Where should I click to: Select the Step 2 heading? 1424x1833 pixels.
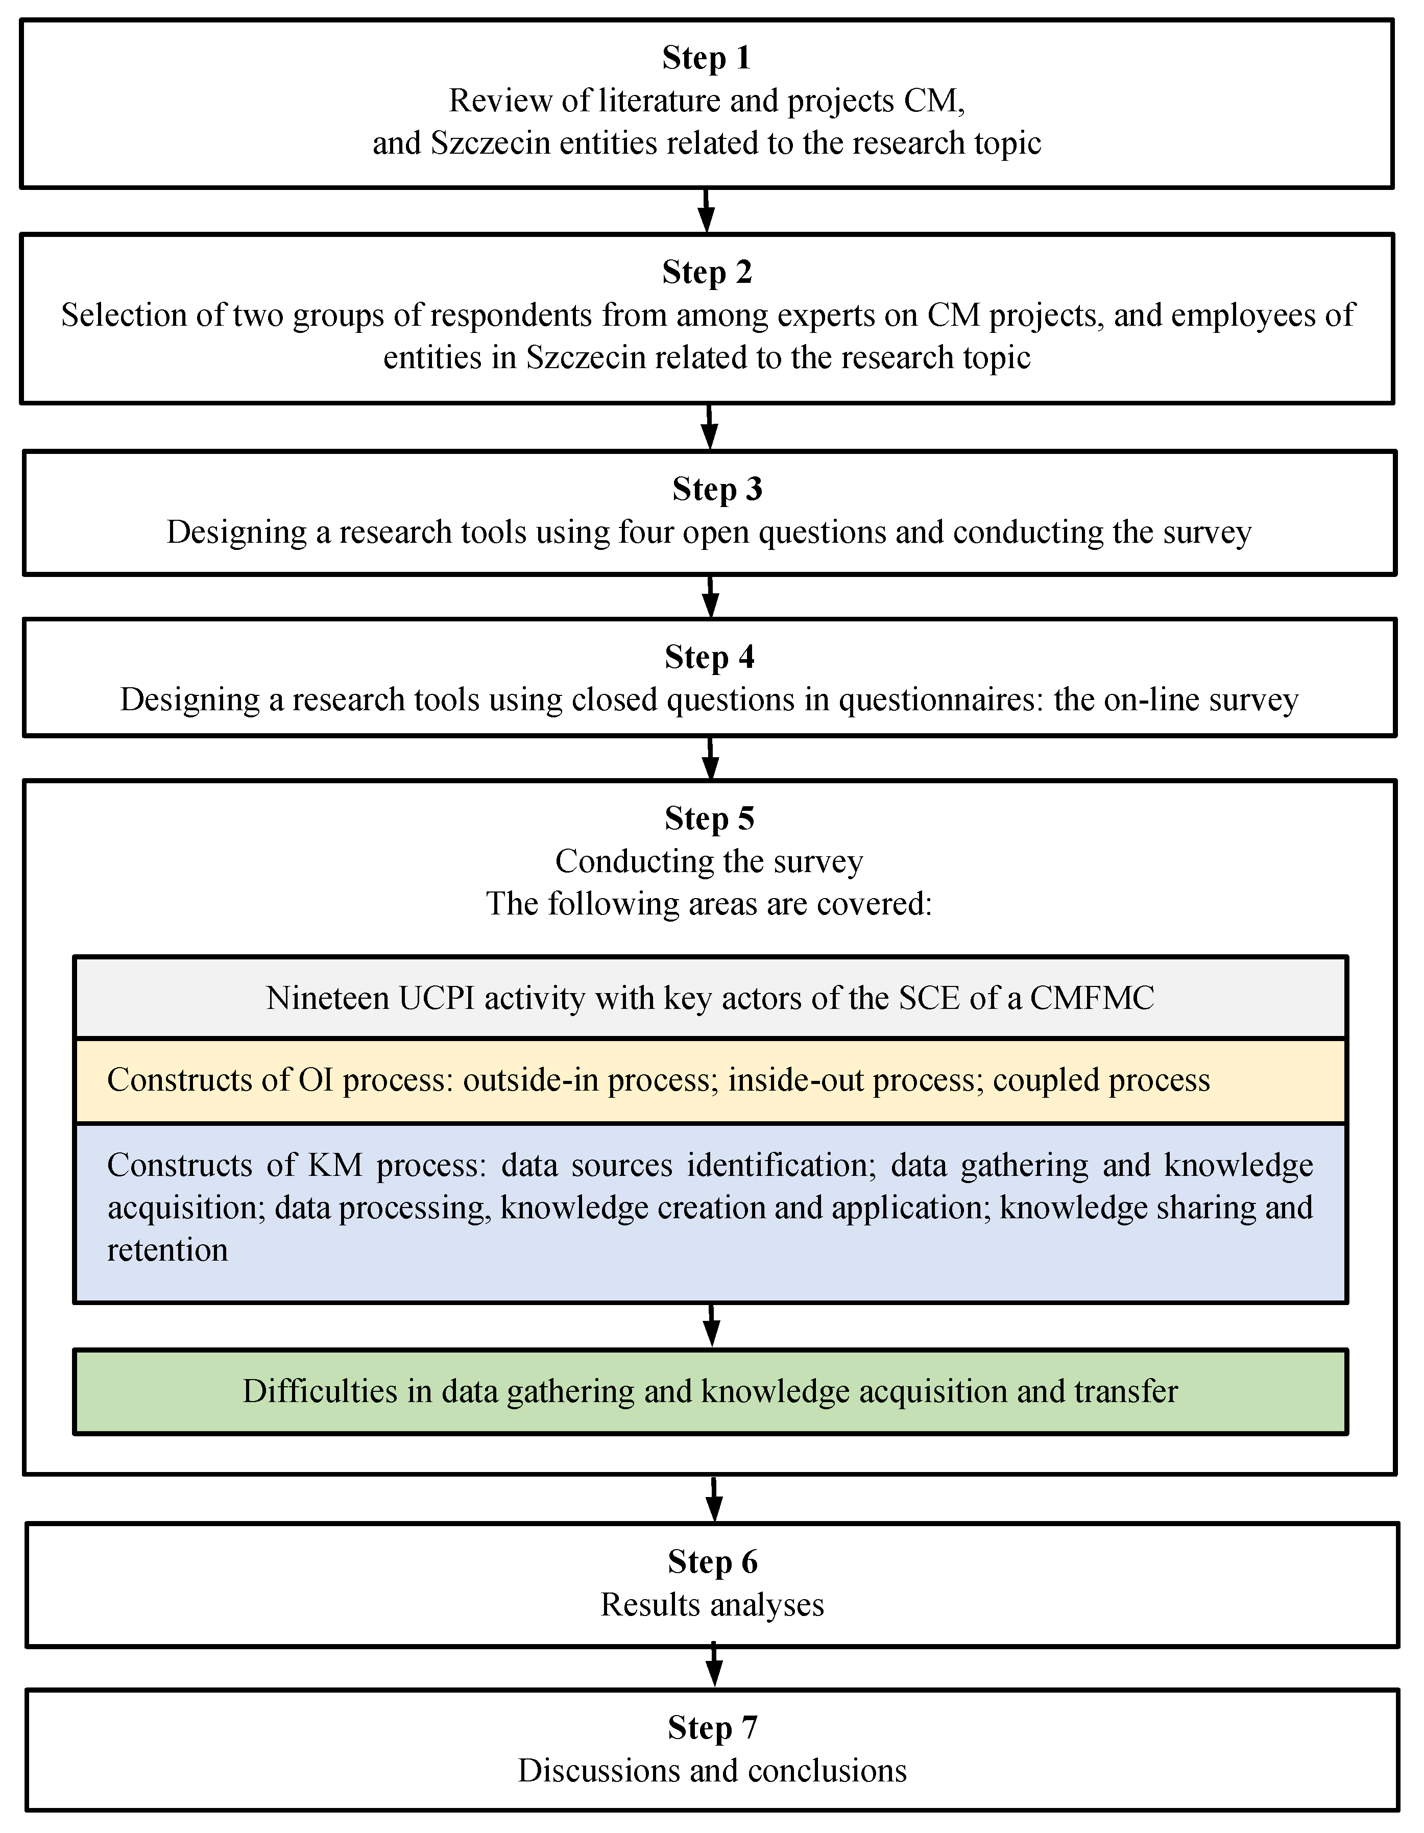point(707,272)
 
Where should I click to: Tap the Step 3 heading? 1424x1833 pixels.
point(717,489)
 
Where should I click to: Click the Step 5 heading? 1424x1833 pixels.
point(709,818)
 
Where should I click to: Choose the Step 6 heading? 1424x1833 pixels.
point(712,1562)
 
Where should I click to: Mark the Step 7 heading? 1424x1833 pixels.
point(712,1727)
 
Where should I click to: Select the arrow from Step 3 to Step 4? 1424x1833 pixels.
point(710,597)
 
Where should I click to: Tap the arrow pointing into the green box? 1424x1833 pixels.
point(711,1325)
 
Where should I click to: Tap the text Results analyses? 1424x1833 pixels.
point(712,1605)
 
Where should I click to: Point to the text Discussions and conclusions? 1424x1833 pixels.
point(712,1771)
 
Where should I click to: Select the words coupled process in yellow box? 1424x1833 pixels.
point(1101,1080)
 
